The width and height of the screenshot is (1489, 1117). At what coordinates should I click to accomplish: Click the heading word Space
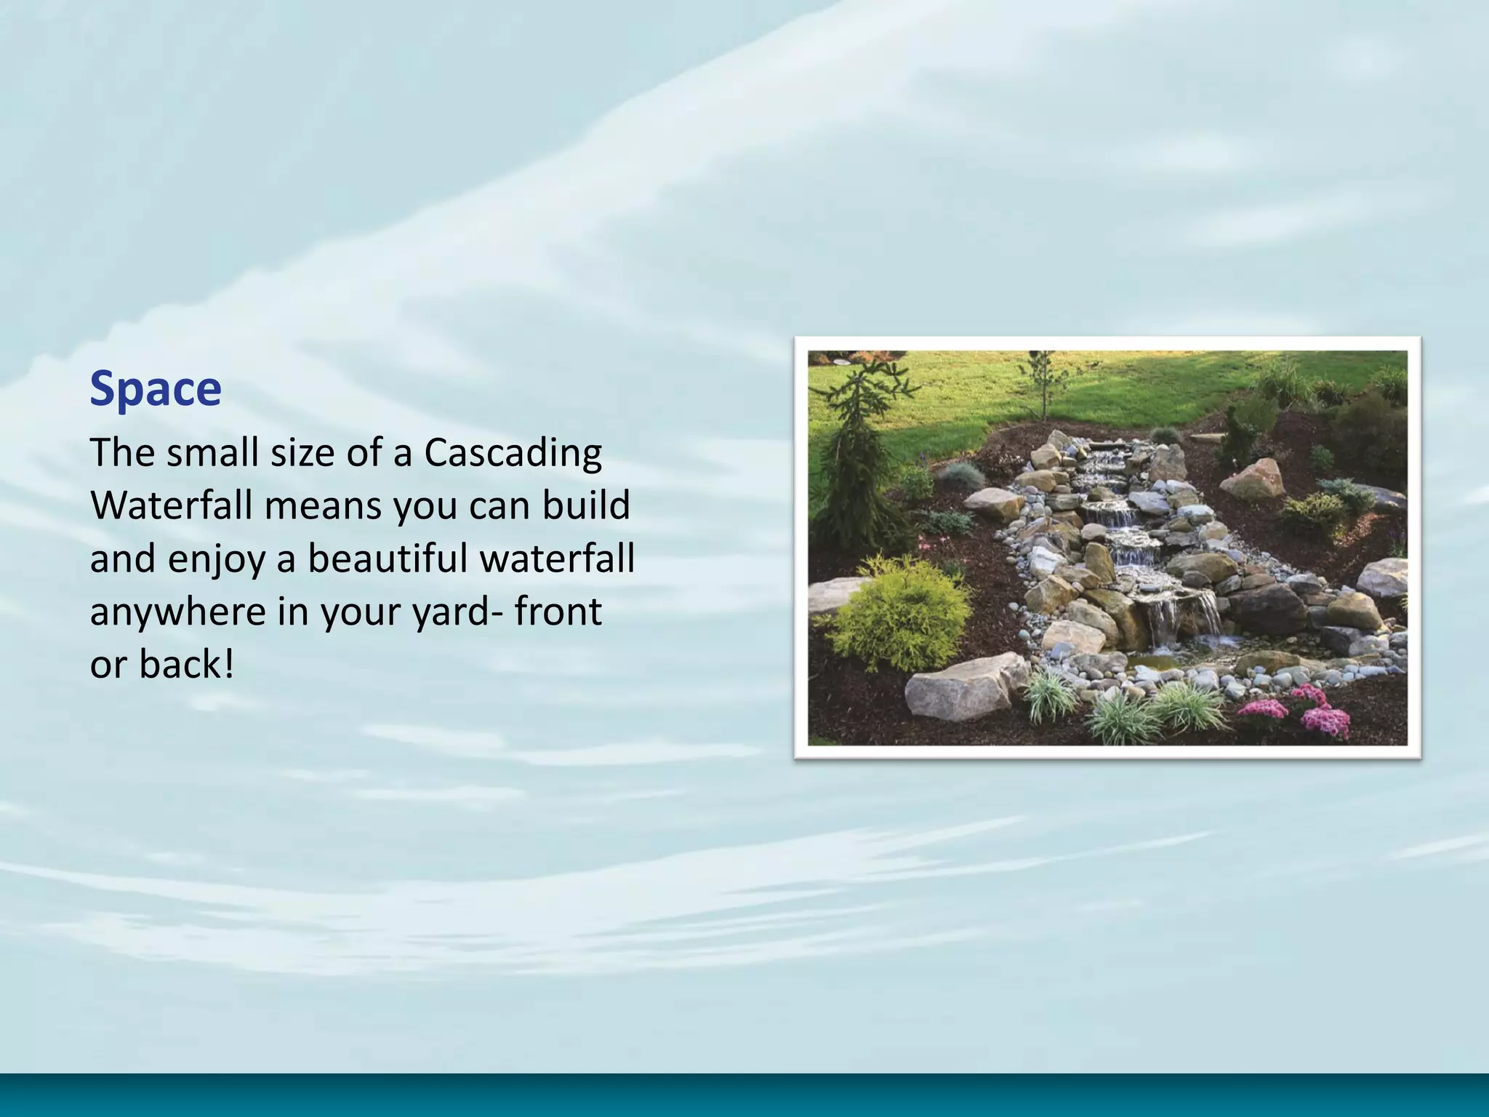pyautogui.click(x=156, y=389)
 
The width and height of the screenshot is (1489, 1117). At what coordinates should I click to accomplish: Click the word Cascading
pyautogui.click(x=513, y=453)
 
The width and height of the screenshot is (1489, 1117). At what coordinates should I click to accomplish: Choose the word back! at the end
pyautogui.click(x=187, y=664)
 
